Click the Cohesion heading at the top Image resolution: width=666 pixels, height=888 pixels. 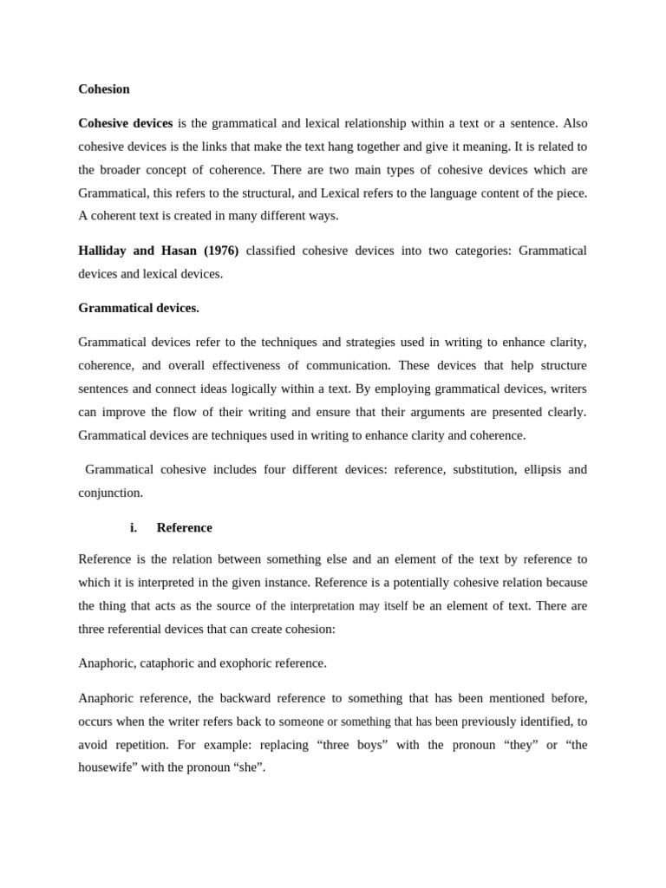(103, 88)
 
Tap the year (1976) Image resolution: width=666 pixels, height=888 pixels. (221, 251)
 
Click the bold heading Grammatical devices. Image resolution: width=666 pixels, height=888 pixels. (138, 308)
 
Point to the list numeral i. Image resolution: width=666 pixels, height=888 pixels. (134, 527)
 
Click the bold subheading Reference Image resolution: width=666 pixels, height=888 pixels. (184, 527)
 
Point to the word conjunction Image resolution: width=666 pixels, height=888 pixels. (109, 493)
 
